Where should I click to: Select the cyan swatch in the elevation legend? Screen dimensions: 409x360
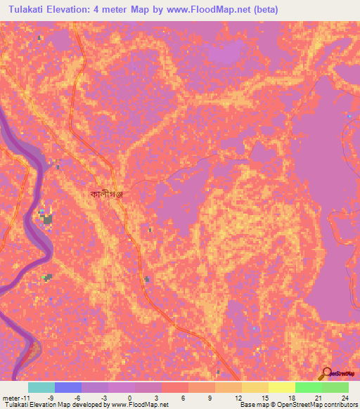[41, 387]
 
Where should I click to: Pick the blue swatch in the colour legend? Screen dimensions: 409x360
[67, 387]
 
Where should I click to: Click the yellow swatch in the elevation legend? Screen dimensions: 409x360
[254, 387]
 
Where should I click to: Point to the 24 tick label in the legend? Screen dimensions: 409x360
[344, 398]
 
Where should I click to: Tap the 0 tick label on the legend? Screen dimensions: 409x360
[130, 398]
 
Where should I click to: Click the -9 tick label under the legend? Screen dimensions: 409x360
[50, 398]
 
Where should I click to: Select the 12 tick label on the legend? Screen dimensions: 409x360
[237, 398]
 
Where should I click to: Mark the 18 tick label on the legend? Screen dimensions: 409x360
[290, 398]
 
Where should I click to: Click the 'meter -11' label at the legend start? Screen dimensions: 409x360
[15, 398]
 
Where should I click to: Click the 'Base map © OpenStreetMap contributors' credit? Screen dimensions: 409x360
[297, 405]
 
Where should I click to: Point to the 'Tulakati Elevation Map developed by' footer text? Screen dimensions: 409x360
[54, 405]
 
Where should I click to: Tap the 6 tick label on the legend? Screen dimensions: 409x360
[184, 398]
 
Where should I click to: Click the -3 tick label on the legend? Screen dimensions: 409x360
[103, 398]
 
